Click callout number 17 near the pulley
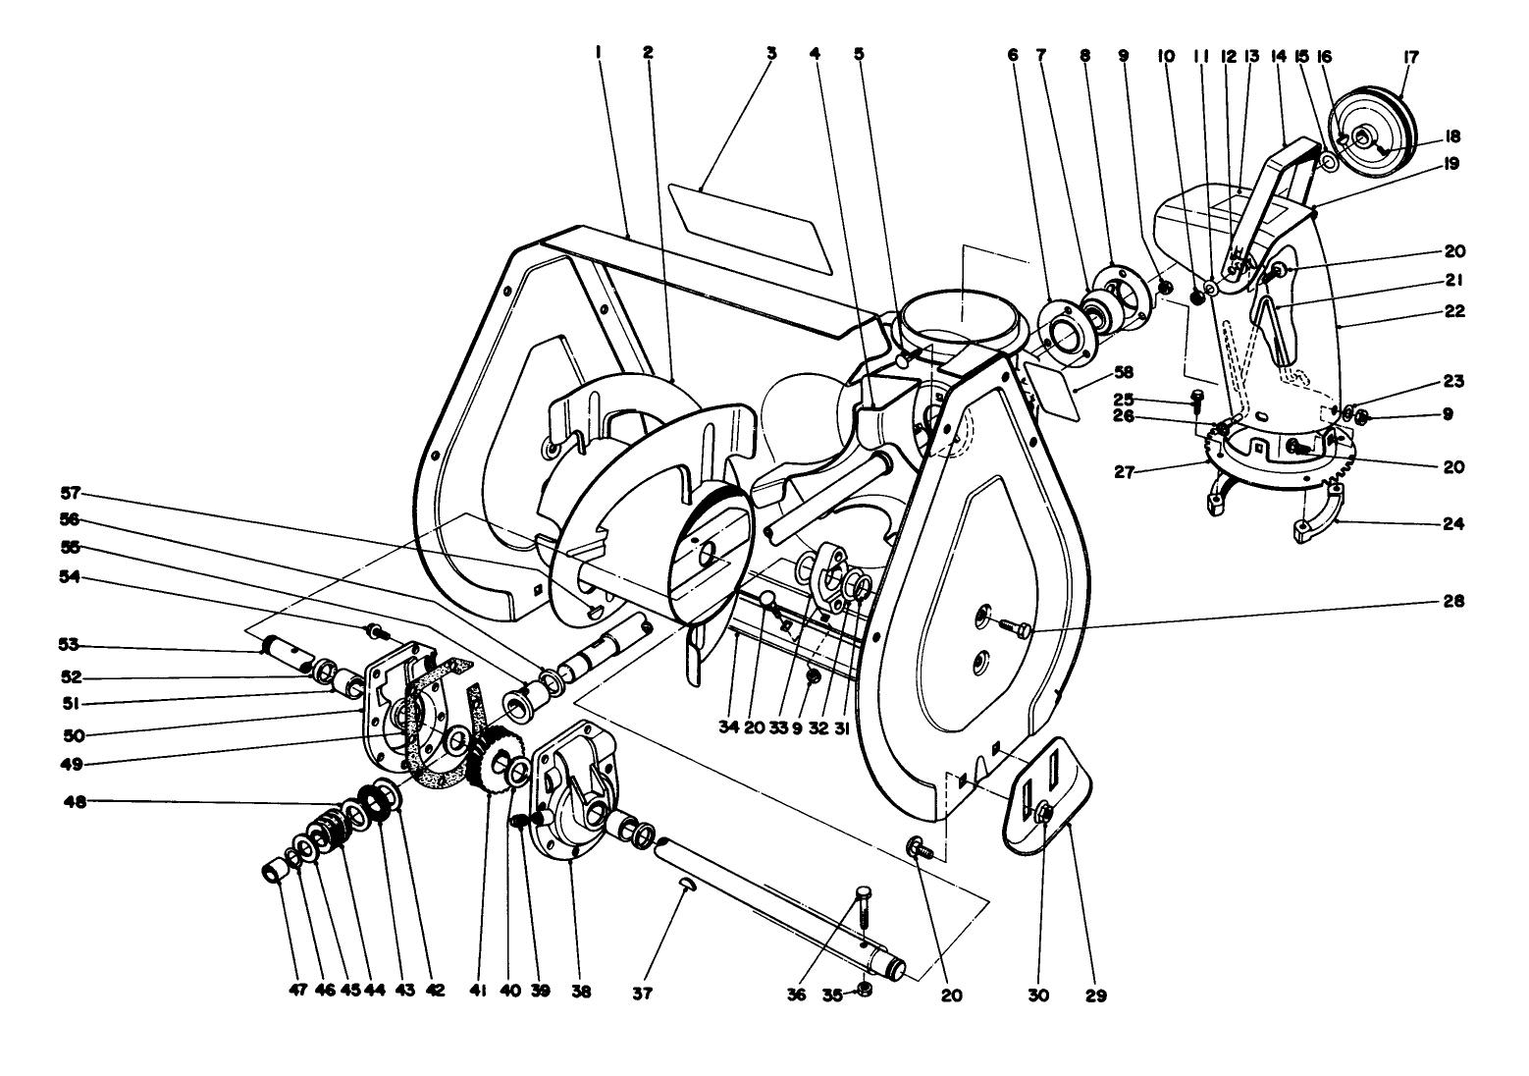click(1410, 57)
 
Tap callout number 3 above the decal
click(771, 53)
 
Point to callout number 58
click(1096, 374)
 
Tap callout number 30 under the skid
click(1038, 995)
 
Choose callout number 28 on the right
click(1453, 601)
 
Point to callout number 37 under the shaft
click(642, 994)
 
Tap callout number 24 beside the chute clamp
click(1453, 524)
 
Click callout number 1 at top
click(598, 53)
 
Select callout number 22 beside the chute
click(1453, 311)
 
